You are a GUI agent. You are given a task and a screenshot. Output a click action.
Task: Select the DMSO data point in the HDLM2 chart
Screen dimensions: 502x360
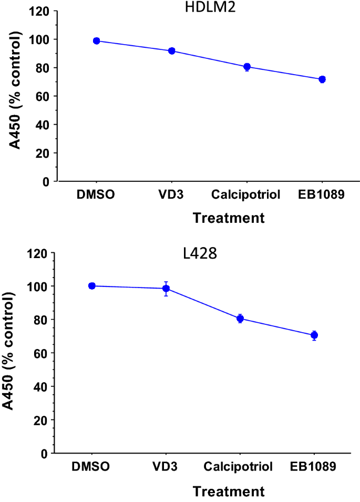tap(96, 41)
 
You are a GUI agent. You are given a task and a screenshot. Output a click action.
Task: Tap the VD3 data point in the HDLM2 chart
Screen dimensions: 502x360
tap(171, 51)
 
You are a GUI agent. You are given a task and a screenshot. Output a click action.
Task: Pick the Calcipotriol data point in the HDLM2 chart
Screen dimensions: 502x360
tap(246, 67)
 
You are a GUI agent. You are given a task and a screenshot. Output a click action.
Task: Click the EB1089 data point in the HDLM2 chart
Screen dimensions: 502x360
tap(322, 79)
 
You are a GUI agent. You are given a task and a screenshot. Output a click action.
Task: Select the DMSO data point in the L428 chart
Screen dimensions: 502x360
tap(92, 286)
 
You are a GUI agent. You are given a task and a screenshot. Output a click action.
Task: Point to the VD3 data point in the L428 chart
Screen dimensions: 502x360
tap(166, 289)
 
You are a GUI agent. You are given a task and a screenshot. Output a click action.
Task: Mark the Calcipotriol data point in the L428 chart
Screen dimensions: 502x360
tap(240, 319)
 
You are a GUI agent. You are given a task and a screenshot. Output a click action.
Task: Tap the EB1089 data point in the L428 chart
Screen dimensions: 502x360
tap(314, 335)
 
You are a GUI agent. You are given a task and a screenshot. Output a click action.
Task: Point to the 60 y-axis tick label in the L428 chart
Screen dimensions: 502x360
tap(40, 353)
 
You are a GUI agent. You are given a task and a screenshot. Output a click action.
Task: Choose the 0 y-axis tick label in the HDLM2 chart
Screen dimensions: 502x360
tap(47, 182)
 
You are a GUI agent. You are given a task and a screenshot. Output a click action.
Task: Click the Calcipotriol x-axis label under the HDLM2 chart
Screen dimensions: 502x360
tap(246, 196)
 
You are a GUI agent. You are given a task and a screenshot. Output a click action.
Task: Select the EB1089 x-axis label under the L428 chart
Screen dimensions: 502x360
tap(314, 467)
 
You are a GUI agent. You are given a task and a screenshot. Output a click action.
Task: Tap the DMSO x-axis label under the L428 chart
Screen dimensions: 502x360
tap(92, 467)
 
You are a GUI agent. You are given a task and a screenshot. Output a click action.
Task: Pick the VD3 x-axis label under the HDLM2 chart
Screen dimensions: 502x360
tap(171, 196)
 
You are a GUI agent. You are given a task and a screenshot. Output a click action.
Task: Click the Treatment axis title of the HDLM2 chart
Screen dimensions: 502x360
tap(229, 218)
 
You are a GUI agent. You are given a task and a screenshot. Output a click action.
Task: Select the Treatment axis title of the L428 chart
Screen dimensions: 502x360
tap(229, 491)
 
